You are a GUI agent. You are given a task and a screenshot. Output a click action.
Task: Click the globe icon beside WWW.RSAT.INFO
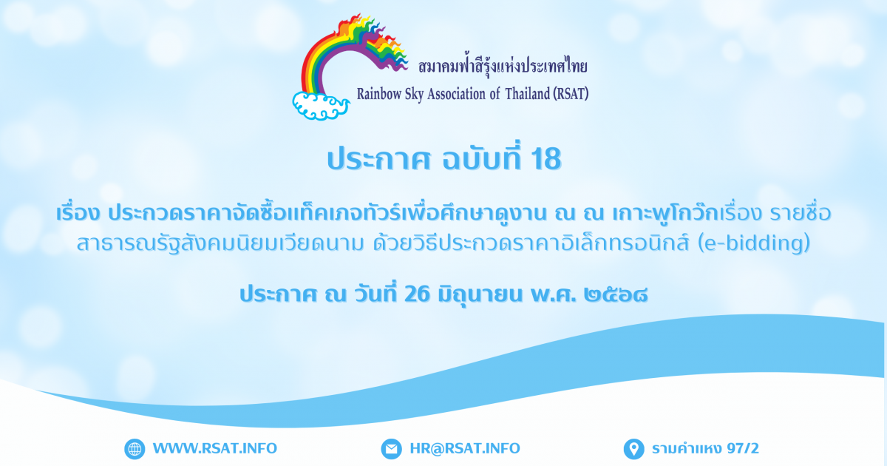pyautogui.click(x=135, y=449)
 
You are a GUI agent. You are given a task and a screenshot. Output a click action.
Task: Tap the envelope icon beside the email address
pyautogui.click(x=391, y=449)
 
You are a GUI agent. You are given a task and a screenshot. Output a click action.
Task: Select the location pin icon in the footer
pyautogui.click(x=634, y=449)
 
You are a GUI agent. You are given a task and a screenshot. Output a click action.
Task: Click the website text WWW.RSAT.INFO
pyautogui.click(x=215, y=448)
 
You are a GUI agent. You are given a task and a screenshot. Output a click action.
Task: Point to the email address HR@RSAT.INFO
pyautogui.click(x=465, y=448)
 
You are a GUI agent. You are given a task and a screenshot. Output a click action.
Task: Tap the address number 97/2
pyautogui.click(x=743, y=448)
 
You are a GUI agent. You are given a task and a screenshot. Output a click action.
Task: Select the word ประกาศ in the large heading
pyautogui.click(x=378, y=159)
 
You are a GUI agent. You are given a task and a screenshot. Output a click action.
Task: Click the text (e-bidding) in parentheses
pyautogui.click(x=754, y=243)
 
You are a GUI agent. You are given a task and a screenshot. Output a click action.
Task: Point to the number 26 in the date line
pyautogui.click(x=417, y=294)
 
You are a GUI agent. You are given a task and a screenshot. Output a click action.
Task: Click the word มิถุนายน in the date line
pyautogui.click(x=480, y=295)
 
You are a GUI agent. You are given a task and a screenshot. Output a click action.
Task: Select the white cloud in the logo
pyautogui.click(x=321, y=105)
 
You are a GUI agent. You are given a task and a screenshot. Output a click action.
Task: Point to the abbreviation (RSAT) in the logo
pyautogui.click(x=571, y=94)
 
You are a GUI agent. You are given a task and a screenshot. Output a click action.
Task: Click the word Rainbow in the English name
pyautogui.click(x=379, y=94)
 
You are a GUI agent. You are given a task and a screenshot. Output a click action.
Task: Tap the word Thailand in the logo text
pyautogui.click(x=528, y=94)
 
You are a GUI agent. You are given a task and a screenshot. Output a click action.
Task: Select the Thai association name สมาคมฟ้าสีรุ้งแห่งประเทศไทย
pyautogui.click(x=503, y=67)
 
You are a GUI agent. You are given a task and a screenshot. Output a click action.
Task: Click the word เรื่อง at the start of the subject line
pyautogui.click(x=78, y=213)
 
